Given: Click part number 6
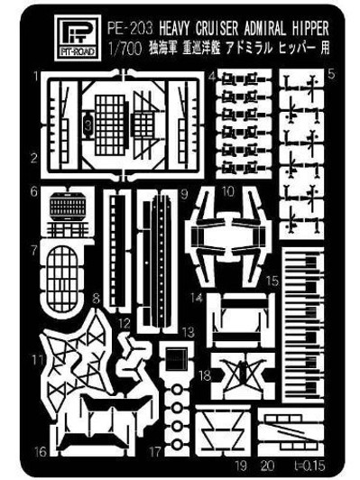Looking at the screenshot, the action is [x=33, y=191].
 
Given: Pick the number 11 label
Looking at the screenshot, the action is [x=33, y=360].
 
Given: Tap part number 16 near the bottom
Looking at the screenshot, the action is [x=39, y=448].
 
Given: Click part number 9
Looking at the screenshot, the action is [x=182, y=192].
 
